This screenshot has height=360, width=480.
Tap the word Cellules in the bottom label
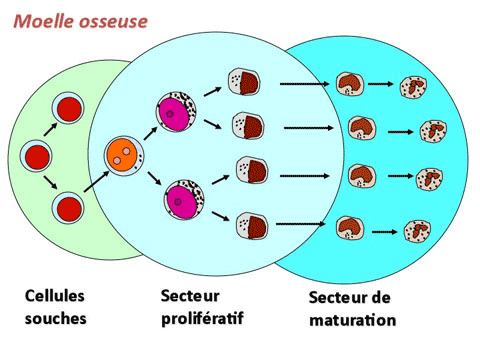pyautogui.click(x=55, y=297)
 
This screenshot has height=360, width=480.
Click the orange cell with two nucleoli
pyautogui.click(x=122, y=156)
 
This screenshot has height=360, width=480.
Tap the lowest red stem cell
pyautogui.click(x=69, y=208)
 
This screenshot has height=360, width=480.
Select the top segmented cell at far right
pyautogui.click(x=416, y=88)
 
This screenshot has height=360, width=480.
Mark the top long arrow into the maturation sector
pyautogui.click(x=304, y=84)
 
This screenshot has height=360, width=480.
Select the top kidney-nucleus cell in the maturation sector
pyautogui.click(x=350, y=83)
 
